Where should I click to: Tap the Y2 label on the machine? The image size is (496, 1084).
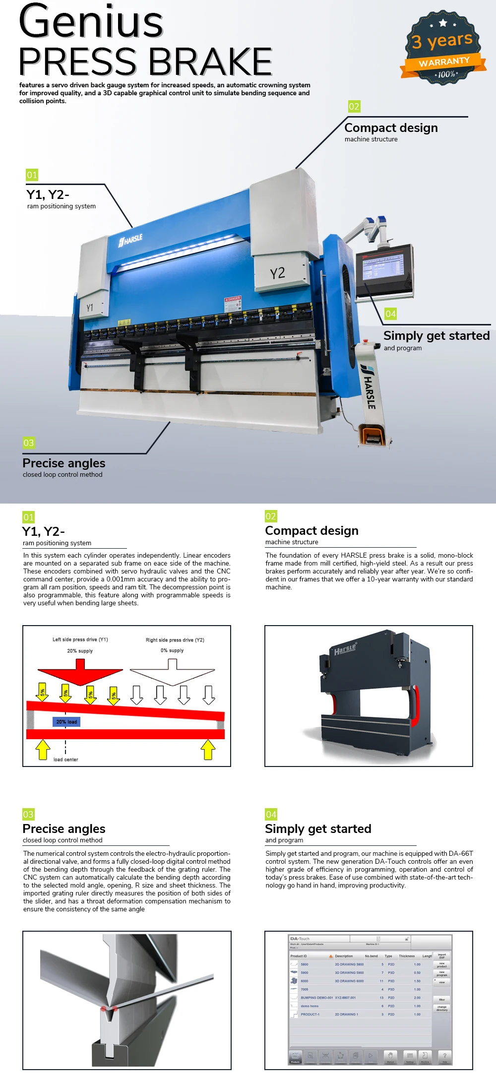coord(277,273)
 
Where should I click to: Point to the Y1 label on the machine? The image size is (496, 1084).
coord(90,308)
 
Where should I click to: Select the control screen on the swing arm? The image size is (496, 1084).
coord(384,268)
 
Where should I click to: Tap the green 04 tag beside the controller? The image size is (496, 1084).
coord(390,314)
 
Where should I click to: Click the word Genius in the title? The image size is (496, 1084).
coord(91,22)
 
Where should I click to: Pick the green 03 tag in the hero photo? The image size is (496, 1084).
coord(29,443)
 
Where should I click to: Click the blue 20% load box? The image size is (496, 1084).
coord(66,722)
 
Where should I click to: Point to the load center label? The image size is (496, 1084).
coord(65,760)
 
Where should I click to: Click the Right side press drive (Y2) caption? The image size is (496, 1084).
coord(175,640)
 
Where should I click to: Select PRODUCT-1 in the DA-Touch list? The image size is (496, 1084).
coord(310,1015)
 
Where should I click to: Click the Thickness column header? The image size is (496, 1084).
coord(407,956)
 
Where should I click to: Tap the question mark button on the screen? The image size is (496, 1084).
coord(444,1056)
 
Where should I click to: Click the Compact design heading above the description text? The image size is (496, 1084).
coord(311,531)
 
